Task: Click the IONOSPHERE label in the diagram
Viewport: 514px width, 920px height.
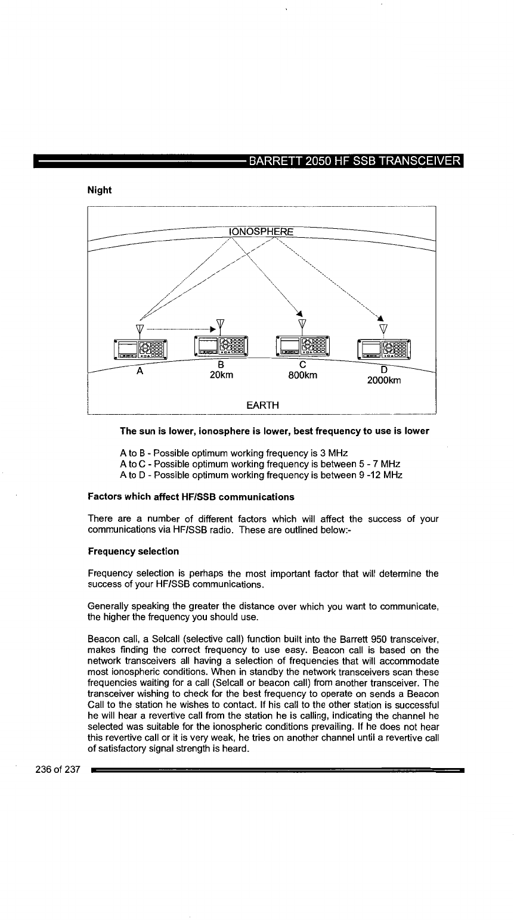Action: [x=262, y=231]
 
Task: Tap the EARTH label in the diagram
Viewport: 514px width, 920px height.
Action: [x=262, y=405]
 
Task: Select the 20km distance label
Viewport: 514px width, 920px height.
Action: [x=221, y=375]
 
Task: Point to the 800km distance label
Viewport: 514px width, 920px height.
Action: [x=302, y=375]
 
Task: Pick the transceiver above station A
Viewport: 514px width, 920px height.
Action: [x=140, y=349]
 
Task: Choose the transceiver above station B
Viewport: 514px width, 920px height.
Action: [x=221, y=346]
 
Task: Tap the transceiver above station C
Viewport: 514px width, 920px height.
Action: [x=302, y=346]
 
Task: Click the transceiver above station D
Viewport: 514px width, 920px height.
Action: [x=383, y=349]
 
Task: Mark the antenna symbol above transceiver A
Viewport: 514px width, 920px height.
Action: [x=140, y=329]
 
